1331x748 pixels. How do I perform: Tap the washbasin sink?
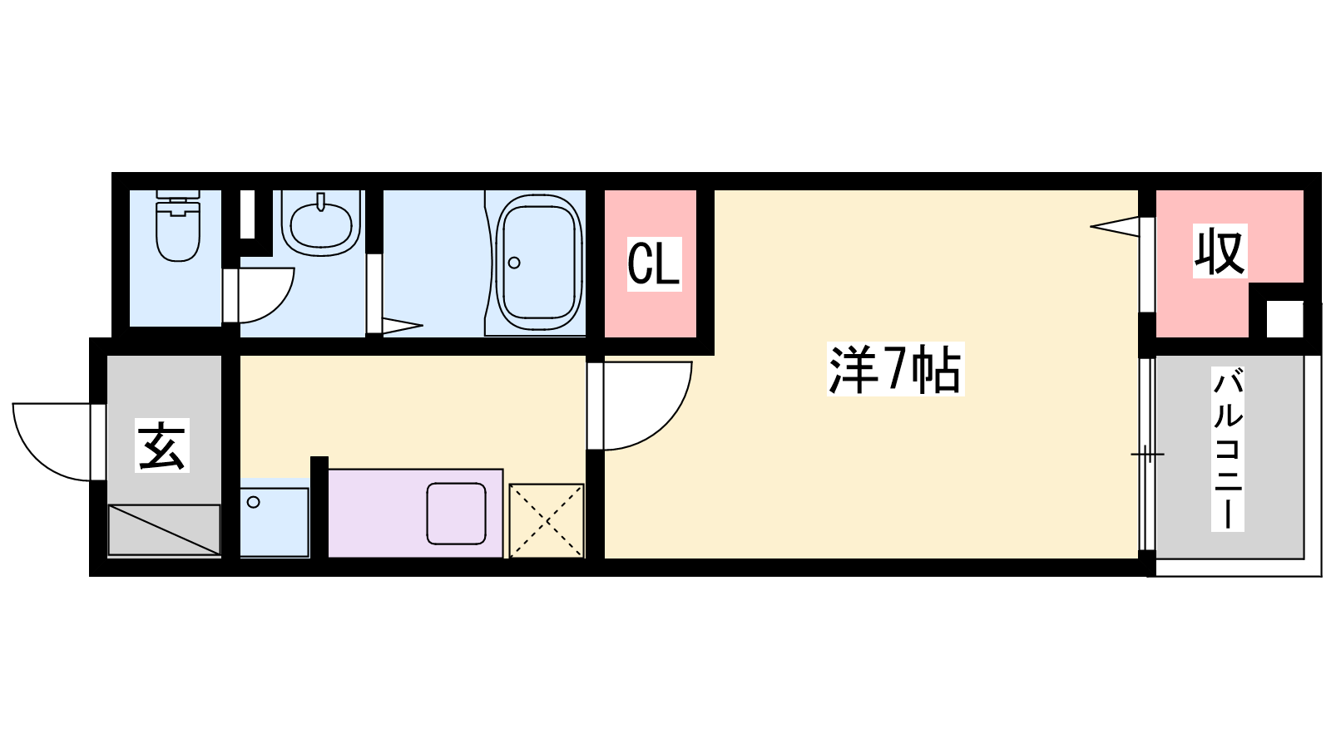point(321,224)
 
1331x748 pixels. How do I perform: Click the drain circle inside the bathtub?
point(515,263)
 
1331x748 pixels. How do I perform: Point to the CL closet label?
point(654,264)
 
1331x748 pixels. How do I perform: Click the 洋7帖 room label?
point(895,369)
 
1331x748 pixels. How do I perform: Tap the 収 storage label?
point(1220,251)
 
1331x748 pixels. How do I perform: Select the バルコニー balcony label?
point(1228,449)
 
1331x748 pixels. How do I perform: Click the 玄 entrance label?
point(162,445)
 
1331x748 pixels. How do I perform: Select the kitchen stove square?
point(457,514)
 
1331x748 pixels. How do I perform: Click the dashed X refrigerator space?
point(547,520)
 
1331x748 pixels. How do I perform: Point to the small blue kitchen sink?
point(275,523)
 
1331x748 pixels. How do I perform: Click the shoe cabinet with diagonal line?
point(164,529)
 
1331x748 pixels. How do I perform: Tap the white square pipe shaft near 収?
point(1284,319)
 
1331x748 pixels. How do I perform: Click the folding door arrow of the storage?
point(1116,226)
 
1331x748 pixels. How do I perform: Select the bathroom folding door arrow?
point(403,325)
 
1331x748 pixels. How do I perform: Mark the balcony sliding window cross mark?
point(1147,455)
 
